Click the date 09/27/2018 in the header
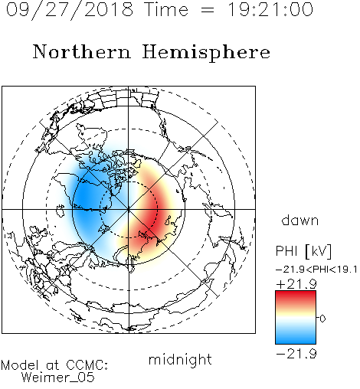pyautogui.click(x=70, y=10)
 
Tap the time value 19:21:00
pyautogui.click(x=270, y=9)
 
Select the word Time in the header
pyautogui.click(x=166, y=9)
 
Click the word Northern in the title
pyautogui.click(x=82, y=51)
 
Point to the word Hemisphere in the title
pyautogui.click(x=206, y=53)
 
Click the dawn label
pyautogui.click(x=300, y=220)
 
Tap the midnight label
pyautogui.click(x=180, y=359)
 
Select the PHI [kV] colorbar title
pyautogui.click(x=303, y=251)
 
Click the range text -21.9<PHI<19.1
pyautogui.click(x=316, y=270)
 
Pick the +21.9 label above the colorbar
pyautogui.click(x=296, y=284)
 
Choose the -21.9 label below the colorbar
pyautogui.click(x=296, y=354)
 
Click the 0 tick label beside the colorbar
pyautogui.click(x=322, y=319)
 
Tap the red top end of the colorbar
pyautogui.click(x=296, y=293)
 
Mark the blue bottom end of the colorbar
pyautogui.click(x=296, y=341)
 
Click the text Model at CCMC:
pyautogui.click(x=54, y=365)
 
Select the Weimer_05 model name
pyautogui.click(x=57, y=378)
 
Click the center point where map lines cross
pyautogui.click(x=129, y=209)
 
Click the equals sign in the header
pyautogui.click(x=208, y=10)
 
